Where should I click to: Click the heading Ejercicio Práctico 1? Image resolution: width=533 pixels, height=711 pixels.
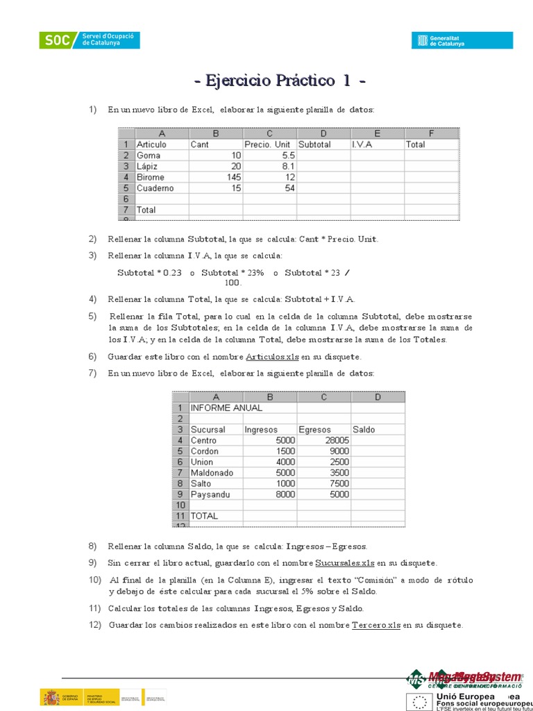click(x=280, y=81)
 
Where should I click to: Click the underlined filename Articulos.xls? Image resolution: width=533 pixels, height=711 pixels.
click(x=272, y=357)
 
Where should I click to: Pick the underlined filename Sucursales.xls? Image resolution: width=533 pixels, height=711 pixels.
click(x=344, y=562)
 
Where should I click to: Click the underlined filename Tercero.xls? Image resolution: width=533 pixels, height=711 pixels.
click(x=375, y=625)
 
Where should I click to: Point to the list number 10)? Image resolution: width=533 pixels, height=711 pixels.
click(x=95, y=579)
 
